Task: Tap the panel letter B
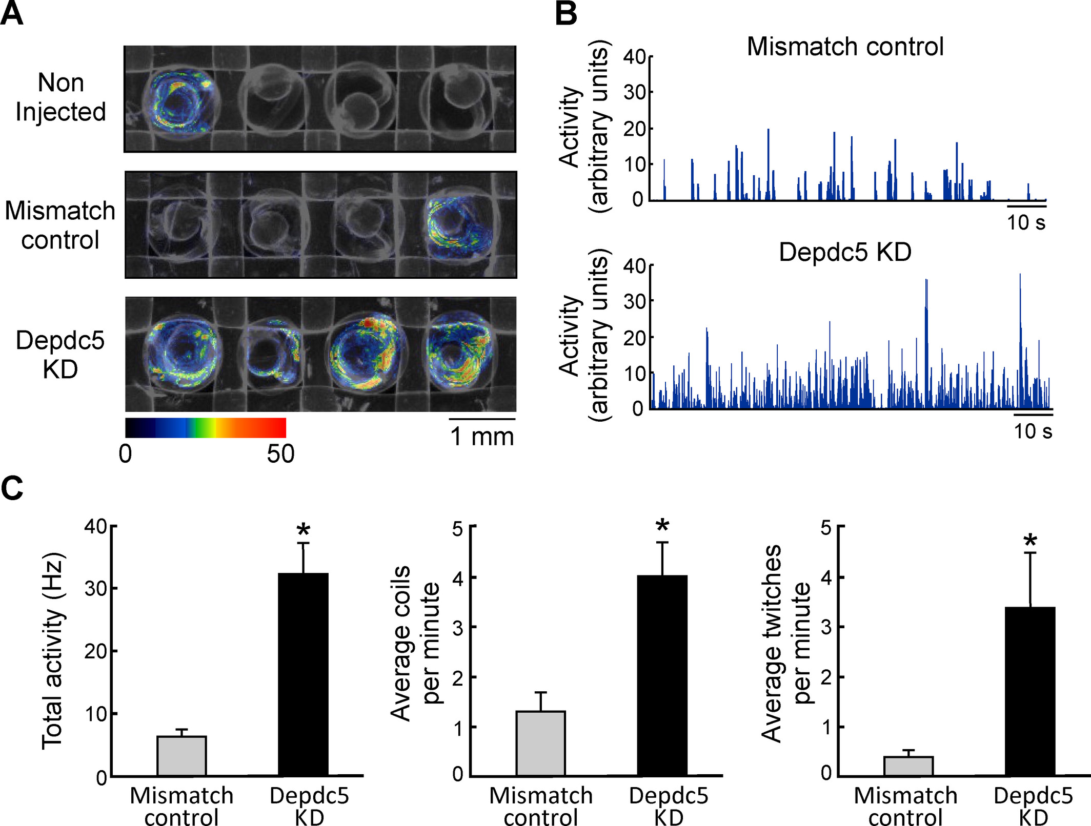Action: [x=566, y=14]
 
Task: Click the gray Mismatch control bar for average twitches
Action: [x=908, y=766]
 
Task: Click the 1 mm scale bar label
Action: [x=482, y=437]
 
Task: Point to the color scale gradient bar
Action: [x=206, y=427]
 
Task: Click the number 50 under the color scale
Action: [x=280, y=454]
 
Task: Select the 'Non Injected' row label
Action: [x=60, y=97]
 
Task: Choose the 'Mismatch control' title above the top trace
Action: [x=845, y=47]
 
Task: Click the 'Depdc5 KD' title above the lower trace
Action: [x=845, y=252]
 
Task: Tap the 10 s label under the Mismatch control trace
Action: [x=1026, y=222]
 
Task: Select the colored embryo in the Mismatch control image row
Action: [x=458, y=225]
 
